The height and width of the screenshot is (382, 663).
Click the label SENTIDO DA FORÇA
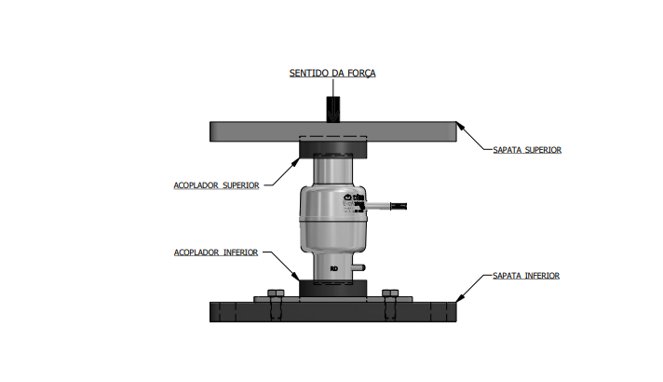point(331,73)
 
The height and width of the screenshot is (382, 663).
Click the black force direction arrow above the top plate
point(332,107)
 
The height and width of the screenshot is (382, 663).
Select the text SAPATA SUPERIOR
point(527,149)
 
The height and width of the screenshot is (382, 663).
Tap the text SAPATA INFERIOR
point(527,276)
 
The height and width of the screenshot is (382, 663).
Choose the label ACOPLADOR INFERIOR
point(216,252)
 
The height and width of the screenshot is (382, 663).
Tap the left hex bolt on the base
point(275,295)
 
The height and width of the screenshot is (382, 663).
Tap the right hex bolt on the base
point(390,295)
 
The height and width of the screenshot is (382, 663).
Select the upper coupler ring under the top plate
point(332,148)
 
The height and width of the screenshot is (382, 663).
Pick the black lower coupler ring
point(332,288)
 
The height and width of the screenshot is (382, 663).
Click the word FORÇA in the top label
point(359,73)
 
